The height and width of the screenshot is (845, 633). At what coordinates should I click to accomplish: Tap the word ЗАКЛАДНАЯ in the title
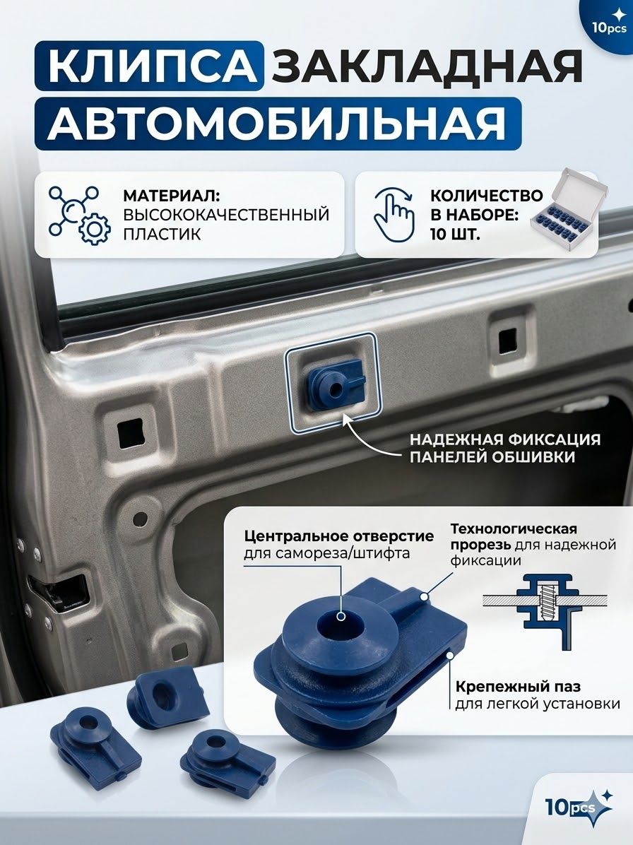pos(426,67)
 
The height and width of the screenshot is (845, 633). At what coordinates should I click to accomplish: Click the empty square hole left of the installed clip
pos(130,431)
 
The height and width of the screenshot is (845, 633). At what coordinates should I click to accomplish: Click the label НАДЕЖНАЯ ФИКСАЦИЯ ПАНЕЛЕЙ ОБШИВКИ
pos(505,447)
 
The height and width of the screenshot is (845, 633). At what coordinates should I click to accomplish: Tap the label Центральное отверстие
pos(338,536)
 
